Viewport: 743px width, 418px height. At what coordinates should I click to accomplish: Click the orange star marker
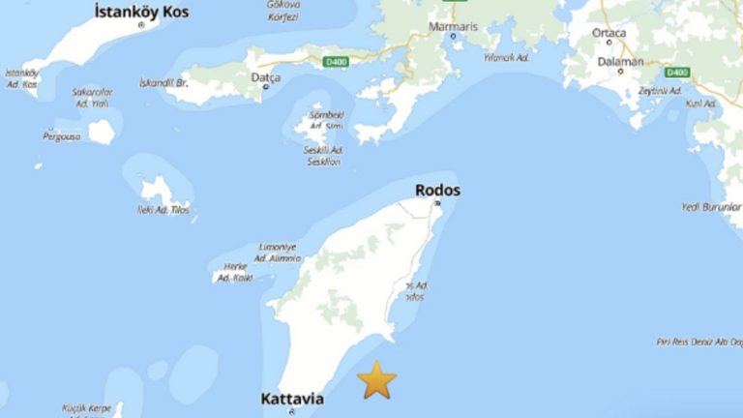pos(377,380)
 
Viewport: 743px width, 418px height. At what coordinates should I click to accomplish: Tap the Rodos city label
pos(437,190)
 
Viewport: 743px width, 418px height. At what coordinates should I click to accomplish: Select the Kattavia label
pos(292,399)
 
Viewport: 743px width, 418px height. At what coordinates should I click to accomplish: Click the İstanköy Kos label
pos(142,12)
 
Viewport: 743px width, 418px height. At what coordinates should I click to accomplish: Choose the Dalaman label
pos(621,61)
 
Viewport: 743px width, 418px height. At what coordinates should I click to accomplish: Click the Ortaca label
pos(609,32)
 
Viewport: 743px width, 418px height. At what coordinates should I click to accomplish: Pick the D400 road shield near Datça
pos(335,63)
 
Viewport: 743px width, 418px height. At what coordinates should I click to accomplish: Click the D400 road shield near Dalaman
pos(677,72)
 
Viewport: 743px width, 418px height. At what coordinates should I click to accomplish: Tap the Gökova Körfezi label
pos(282,11)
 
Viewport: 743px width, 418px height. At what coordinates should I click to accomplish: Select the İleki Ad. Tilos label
pos(165,209)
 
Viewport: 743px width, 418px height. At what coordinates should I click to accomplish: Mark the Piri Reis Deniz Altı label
pos(698,342)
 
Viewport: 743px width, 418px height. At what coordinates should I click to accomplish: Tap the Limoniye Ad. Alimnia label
pos(277,254)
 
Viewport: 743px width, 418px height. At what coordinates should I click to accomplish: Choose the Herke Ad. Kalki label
pos(236,272)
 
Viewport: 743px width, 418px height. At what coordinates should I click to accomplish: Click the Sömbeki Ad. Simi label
pos(326,120)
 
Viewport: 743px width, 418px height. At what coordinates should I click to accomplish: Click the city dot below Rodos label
pos(437,203)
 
